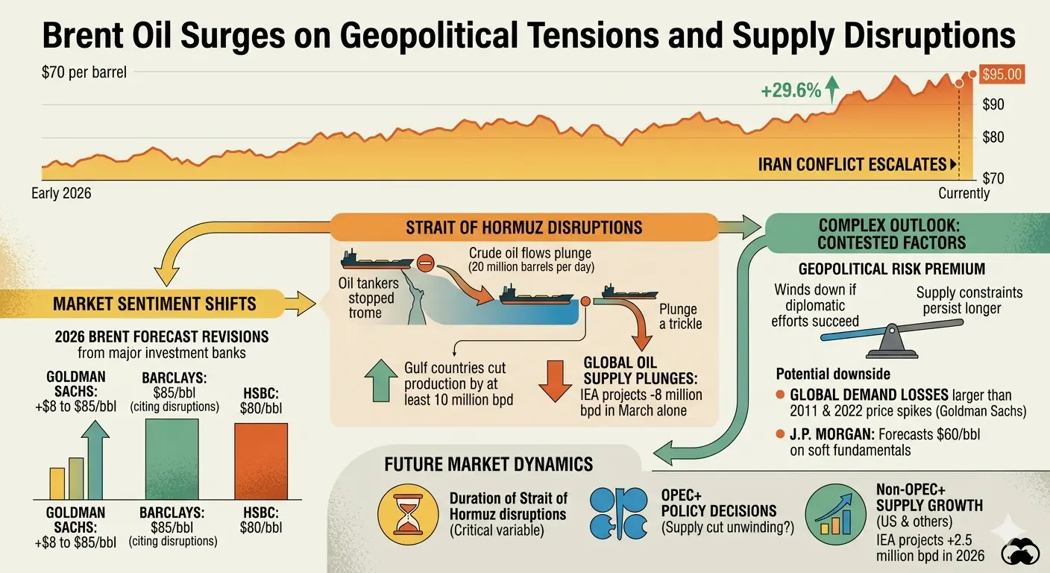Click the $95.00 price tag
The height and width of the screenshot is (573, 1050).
pyautogui.click(x=1002, y=75)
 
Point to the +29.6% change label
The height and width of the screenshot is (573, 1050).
pyautogui.click(x=790, y=92)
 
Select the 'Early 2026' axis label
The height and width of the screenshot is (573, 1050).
pyautogui.click(x=61, y=193)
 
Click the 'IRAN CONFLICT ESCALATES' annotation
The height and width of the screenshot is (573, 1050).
pyautogui.click(x=852, y=164)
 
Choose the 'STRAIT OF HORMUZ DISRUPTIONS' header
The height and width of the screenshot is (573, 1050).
pyautogui.click(x=524, y=228)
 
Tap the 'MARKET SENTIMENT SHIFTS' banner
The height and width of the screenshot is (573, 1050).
pyautogui.click(x=154, y=304)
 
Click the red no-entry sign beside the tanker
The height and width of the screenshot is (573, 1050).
pyautogui.click(x=425, y=263)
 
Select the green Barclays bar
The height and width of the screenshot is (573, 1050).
pyautogui.click(x=172, y=458)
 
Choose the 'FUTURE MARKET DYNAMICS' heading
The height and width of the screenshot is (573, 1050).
pyautogui.click(x=488, y=464)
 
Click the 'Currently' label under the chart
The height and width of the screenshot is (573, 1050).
pyautogui.click(x=963, y=193)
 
